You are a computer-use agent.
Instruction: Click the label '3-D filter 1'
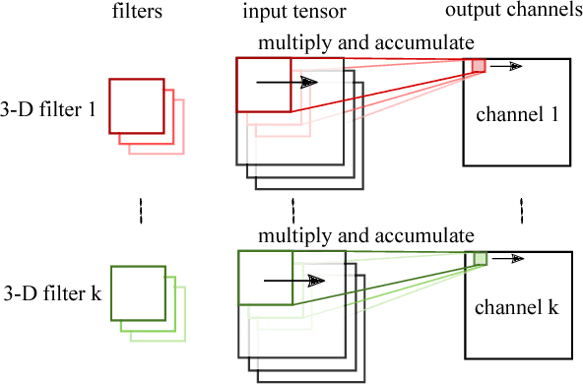point(48,110)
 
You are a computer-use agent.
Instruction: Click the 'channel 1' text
point(516,115)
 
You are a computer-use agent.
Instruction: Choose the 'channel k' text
point(516,307)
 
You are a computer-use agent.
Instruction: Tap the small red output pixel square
point(479,66)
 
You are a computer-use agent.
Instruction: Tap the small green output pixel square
point(480,258)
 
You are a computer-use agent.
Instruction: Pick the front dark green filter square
point(137,291)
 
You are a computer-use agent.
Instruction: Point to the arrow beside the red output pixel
point(507,66)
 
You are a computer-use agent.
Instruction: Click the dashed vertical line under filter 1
point(140,210)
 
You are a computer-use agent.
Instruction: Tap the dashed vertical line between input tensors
point(292,210)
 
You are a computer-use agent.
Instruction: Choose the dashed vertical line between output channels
point(521,210)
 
